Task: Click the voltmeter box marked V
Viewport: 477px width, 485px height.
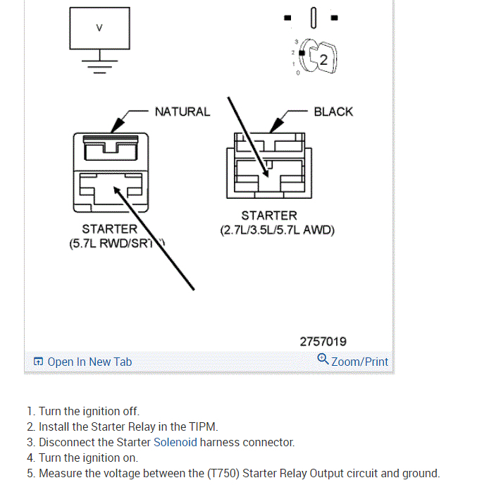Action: tap(99, 28)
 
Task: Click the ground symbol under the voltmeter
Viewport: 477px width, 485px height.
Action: tap(99, 65)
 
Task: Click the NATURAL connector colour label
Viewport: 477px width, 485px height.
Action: tap(182, 111)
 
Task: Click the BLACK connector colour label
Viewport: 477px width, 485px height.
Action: tap(333, 111)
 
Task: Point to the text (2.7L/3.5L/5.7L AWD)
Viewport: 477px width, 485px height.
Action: tap(277, 230)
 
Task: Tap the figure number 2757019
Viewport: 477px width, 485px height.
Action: tap(323, 341)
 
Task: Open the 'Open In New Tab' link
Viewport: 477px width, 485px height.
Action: tap(89, 362)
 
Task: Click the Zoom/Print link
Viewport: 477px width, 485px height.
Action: tap(359, 362)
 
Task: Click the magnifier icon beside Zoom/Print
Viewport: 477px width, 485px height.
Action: tap(323, 359)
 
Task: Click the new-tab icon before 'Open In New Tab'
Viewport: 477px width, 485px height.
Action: tap(39, 362)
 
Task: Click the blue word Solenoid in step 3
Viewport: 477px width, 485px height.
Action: tap(175, 442)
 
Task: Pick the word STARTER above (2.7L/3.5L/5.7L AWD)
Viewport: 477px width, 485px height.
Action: tap(269, 216)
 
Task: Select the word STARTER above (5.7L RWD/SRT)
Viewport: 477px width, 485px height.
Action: tap(109, 229)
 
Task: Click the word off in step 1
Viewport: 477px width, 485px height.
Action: tap(130, 411)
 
